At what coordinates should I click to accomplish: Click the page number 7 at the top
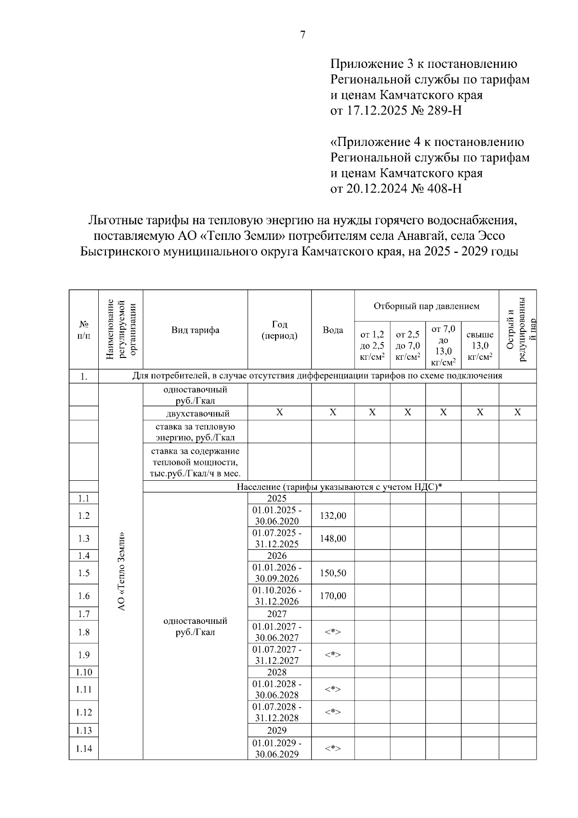[302, 35]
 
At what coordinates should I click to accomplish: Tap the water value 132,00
[333, 515]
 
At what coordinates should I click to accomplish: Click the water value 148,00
[333, 538]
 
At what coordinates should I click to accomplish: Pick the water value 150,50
[333, 573]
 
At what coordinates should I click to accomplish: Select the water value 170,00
[333, 595]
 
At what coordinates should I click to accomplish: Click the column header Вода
[333, 330]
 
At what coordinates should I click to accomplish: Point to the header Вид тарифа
[195, 330]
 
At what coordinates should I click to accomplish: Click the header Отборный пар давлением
[426, 306]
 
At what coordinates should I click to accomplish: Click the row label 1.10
[84, 672]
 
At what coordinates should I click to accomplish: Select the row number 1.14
[84, 748]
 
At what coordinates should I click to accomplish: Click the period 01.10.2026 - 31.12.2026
[277, 595]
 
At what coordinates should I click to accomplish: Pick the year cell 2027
[277, 614]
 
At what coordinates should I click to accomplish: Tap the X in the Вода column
[333, 413]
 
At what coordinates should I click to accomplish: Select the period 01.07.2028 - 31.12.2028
[277, 712]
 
